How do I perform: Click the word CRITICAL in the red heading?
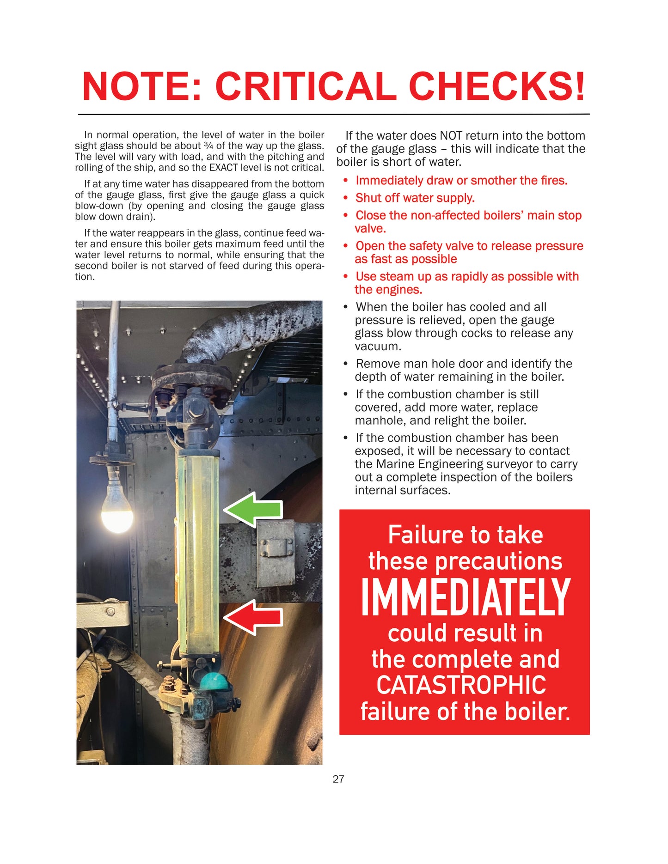tap(306, 86)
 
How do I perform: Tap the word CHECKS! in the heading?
tap(497, 86)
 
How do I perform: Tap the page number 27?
tap(338, 779)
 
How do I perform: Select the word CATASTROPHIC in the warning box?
tap(461, 685)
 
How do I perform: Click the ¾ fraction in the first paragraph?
tap(209, 146)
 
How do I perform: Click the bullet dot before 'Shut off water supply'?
tap(345, 198)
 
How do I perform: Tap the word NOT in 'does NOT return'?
tap(450, 136)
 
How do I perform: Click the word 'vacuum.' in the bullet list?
tap(373, 347)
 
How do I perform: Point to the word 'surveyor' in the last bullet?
tap(524, 464)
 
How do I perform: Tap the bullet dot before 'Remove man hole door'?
tap(345, 364)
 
